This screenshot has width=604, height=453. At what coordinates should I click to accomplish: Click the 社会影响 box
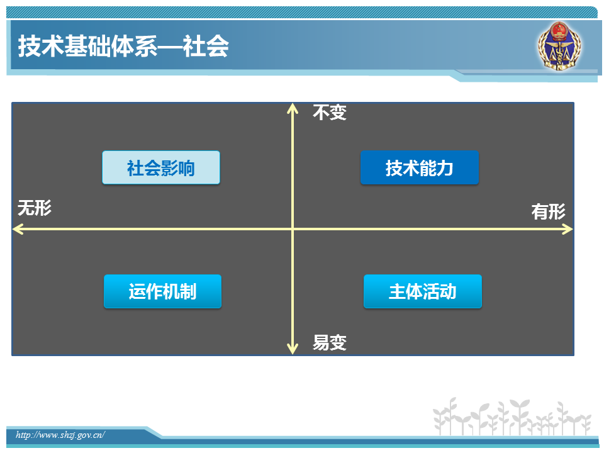pyautogui.click(x=161, y=167)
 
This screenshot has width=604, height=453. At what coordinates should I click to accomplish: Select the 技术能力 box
pyautogui.click(x=420, y=167)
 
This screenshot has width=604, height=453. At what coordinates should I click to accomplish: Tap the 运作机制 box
pyautogui.click(x=162, y=291)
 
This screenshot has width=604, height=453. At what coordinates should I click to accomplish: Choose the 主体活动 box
pyautogui.click(x=423, y=291)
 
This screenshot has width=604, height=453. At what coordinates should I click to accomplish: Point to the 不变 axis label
pyautogui.click(x=330, y=113)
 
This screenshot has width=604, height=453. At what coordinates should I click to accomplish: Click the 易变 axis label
pyautogui.click(x=330, y=342)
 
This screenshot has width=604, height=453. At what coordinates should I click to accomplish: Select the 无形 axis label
pyautogui.click(x=35, y=208)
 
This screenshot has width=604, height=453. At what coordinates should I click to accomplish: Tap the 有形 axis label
pyautogui.click(x=549, y=211)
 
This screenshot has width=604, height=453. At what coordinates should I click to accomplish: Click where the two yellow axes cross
pyautogui.click(x=293, y=230)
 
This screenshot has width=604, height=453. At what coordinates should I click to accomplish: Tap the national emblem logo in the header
pyautogui.click(x=560, y=46)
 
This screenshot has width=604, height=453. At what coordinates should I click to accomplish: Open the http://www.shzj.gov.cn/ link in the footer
pyautogui.click(x=60, y=435)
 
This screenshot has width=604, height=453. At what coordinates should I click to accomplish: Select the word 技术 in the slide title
pyautogui.click(x=42, y=46)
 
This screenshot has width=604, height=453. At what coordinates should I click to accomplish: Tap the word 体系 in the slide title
pyautogui.click(x=135, y=46)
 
